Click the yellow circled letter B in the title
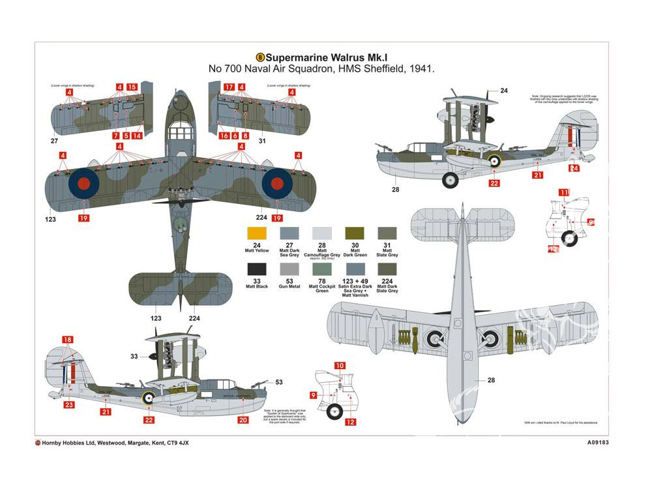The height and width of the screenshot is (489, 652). click(261, 57)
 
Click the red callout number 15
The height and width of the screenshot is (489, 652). click(132, 87)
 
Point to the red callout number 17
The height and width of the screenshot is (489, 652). click(229, 87)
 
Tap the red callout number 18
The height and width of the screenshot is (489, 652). click(68, 340)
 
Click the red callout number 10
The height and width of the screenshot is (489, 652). click(340, 366)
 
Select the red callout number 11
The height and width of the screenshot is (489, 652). click(563, 192)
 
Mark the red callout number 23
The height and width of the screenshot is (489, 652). click(69, 405)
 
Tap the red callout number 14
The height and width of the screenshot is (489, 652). click(137, 136)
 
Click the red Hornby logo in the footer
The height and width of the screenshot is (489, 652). click(38, 443)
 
